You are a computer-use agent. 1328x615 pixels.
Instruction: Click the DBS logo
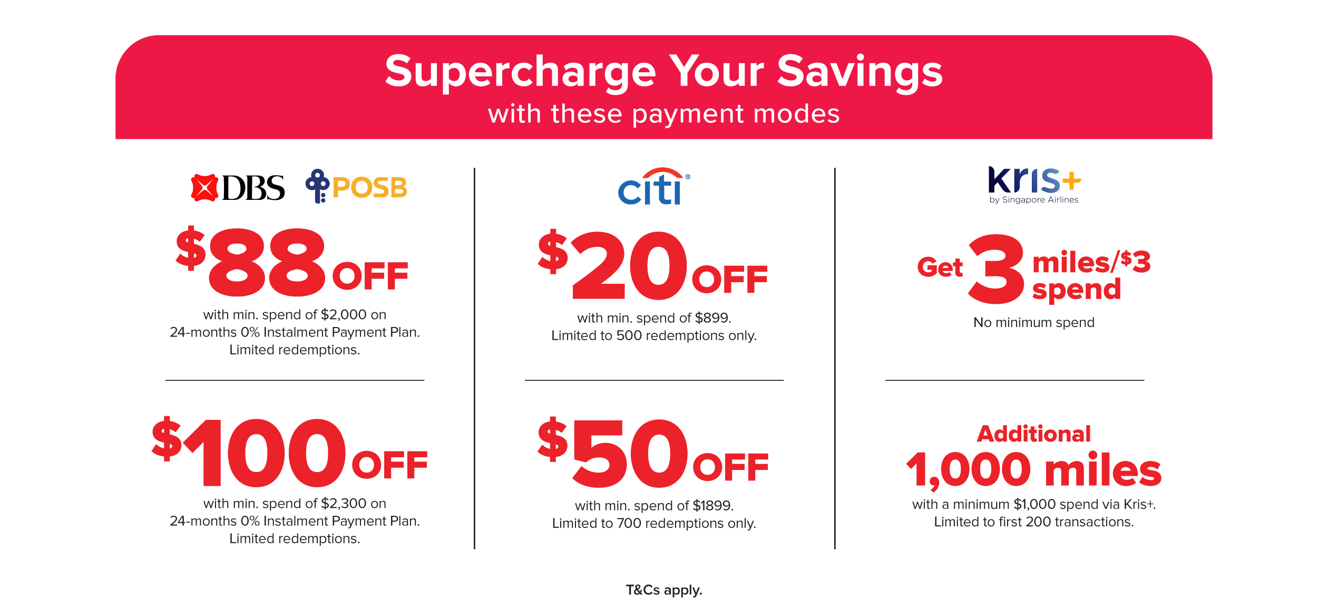click(x=238, y=188)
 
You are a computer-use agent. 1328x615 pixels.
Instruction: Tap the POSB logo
click(x=357, y=187)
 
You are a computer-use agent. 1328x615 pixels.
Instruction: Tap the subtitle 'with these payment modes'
click(x=663, y=114)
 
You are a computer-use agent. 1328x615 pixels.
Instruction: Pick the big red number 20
click(x=630, y=266)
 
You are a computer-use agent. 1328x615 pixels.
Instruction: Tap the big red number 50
click(x=630, y=454)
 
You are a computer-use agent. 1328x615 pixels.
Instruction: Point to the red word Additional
click(x=1033, y=434)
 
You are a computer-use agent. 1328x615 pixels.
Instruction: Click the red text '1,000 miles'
click(x=1033, y=469)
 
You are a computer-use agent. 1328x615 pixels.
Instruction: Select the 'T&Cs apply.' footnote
click(x=663, y=590)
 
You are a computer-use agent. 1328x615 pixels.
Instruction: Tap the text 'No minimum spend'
click(x=1033, y=322)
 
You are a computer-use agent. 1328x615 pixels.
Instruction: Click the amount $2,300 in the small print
click(x=343, y=504)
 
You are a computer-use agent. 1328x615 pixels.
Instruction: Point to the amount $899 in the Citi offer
click(x=712, y=318)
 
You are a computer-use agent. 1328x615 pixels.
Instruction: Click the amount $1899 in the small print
click(x=712, y=506)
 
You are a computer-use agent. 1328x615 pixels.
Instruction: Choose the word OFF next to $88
click(x=370, y=276)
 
